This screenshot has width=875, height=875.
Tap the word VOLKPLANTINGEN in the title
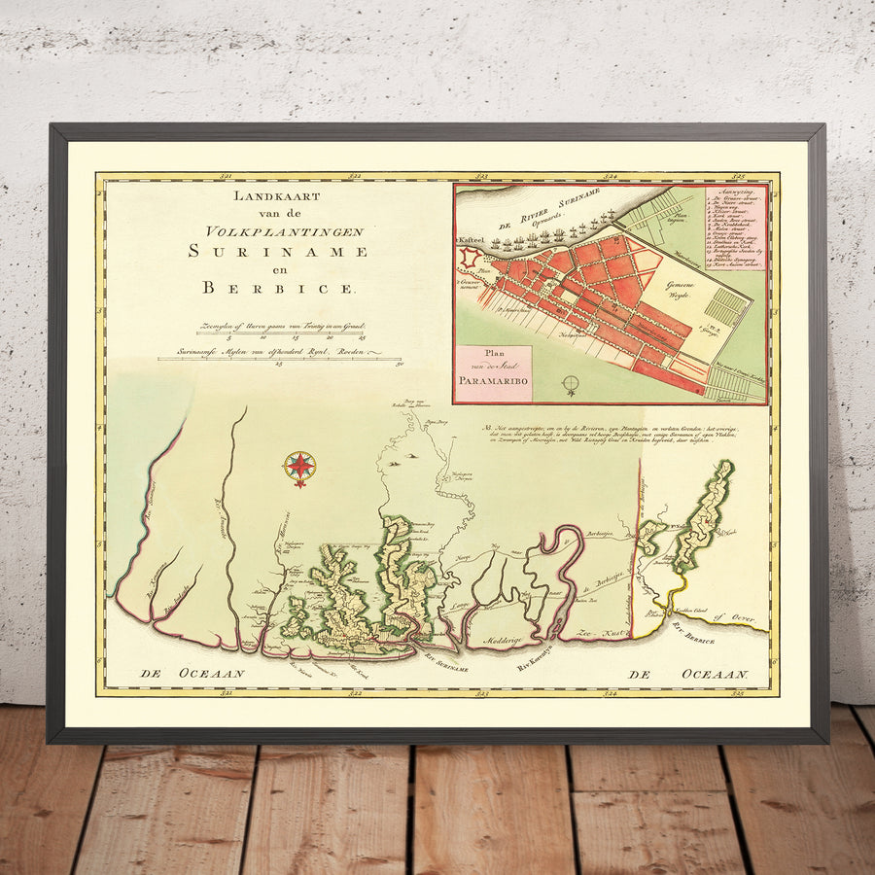point(285,231)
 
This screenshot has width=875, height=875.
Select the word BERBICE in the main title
point(280,288)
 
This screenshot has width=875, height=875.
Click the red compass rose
point(300,468)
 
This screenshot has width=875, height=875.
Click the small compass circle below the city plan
point(572,384)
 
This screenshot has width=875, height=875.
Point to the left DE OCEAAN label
point(192,672)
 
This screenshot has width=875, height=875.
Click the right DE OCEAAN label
point(688,674)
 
